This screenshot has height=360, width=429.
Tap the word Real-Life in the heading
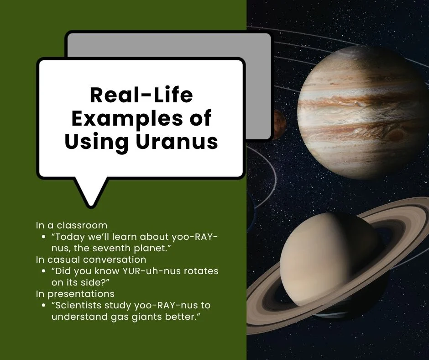141,95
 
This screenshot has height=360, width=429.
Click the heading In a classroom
72,225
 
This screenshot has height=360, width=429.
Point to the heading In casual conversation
91,259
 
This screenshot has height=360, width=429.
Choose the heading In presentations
75,293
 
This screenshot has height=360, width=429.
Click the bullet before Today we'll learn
43,237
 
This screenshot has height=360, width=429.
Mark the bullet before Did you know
43,271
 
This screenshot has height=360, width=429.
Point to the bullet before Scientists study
43,305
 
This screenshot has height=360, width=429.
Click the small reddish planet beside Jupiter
279,121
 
